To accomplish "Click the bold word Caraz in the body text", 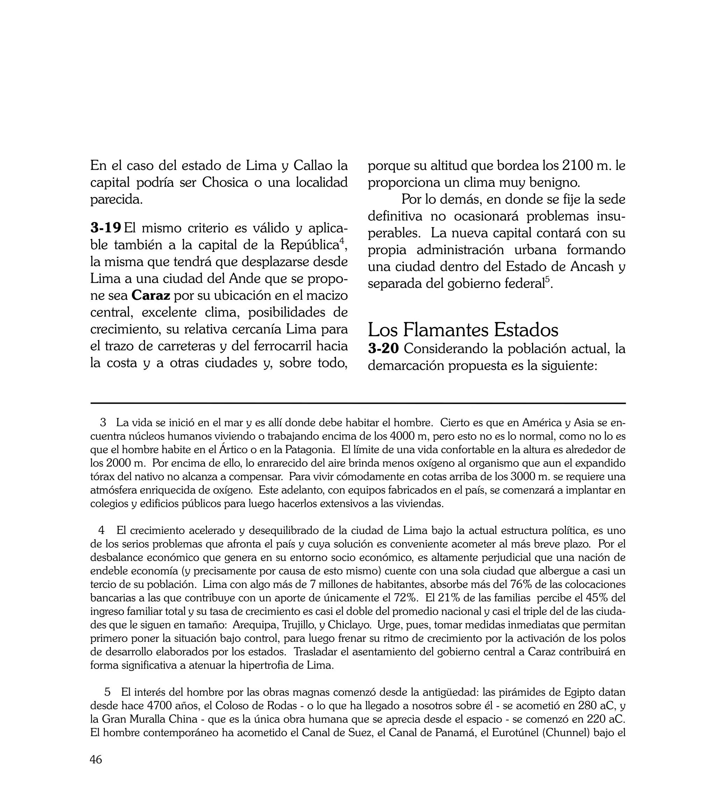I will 151,295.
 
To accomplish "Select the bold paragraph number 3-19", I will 106,227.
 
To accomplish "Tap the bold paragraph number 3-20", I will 384,349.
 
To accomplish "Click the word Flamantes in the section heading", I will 446,330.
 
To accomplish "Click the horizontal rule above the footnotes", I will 358,403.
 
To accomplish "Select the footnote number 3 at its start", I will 103,423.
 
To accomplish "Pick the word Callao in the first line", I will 311,166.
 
